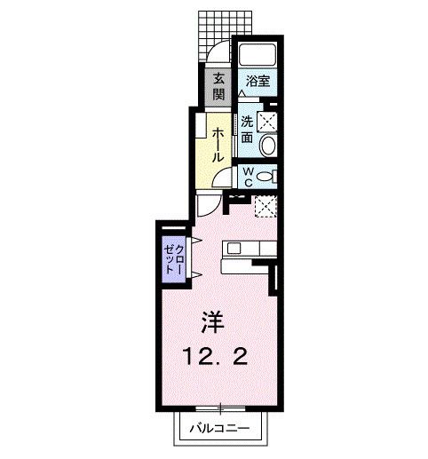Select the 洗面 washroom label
246,130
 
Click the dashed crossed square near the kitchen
264,206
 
